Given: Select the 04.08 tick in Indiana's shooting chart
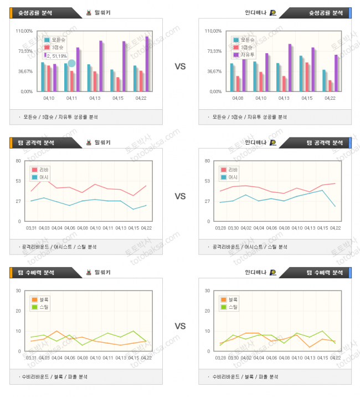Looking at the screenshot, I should (x=237, y=98).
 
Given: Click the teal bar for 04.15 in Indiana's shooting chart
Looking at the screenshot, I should (x=301, y=73).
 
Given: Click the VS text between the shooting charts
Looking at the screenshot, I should (x=180, y=67).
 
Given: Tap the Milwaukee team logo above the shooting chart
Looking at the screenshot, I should (x=89, y=12).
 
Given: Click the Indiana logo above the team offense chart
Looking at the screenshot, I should (x=273, y=142).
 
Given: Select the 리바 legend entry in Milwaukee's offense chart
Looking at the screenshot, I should (x=44, y=170).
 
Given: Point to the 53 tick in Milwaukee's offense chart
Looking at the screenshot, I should (x=18, y=181).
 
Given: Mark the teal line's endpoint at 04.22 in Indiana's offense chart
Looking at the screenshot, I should (x=335, y=206).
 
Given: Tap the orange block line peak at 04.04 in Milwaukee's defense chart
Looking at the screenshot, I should (x=57, y=331).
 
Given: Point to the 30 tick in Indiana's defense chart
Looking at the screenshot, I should (x=207, y=291).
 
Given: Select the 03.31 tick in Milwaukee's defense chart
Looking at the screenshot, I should (x=32, y=358).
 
